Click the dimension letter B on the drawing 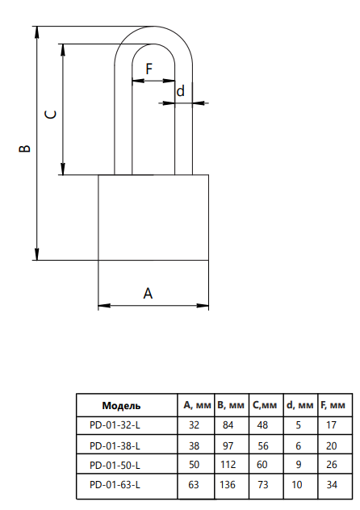25,148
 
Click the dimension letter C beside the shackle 51,115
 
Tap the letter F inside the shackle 149,69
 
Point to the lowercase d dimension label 181,90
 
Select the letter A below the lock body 148,293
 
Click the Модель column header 121,406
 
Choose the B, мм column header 231,405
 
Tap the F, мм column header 333,405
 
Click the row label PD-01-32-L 115,425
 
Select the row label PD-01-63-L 115,485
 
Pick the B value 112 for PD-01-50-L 228,465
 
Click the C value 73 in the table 263,485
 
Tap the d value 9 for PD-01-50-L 299,465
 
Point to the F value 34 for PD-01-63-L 332,485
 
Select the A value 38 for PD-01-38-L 194,445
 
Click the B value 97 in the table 228,445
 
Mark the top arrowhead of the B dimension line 37,32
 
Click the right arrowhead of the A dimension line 203,305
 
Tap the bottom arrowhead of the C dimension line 63,169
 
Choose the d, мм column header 299,405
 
